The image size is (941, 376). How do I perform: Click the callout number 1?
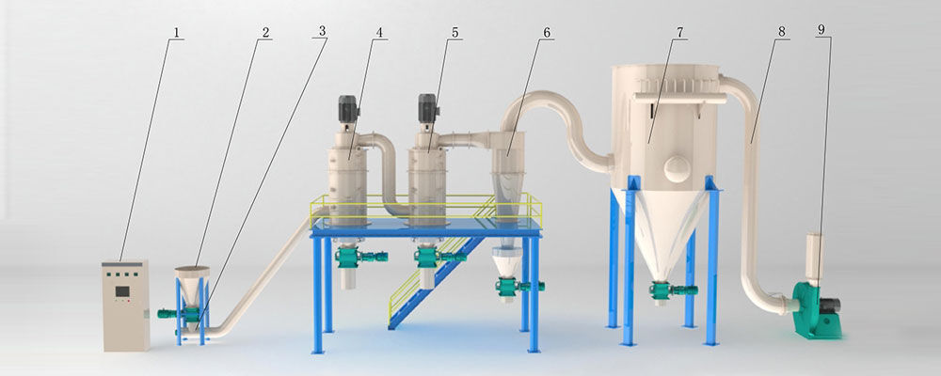click(x=176, y=32)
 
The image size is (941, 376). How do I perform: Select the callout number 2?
click(x=264, y=32)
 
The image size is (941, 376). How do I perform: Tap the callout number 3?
click(x=322, y=32)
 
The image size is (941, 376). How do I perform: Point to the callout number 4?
click(x=378, y=32)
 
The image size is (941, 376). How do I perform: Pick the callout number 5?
click(x=455, y=32)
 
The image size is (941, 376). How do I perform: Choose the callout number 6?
click(x=546, y=32)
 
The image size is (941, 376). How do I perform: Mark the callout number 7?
click(x=679, y=32)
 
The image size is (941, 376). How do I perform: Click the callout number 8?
click(x=781, y=32)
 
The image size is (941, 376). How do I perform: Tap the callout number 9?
click(x=824, y=30)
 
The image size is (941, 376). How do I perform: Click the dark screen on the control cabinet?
click(x=122, y=291)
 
